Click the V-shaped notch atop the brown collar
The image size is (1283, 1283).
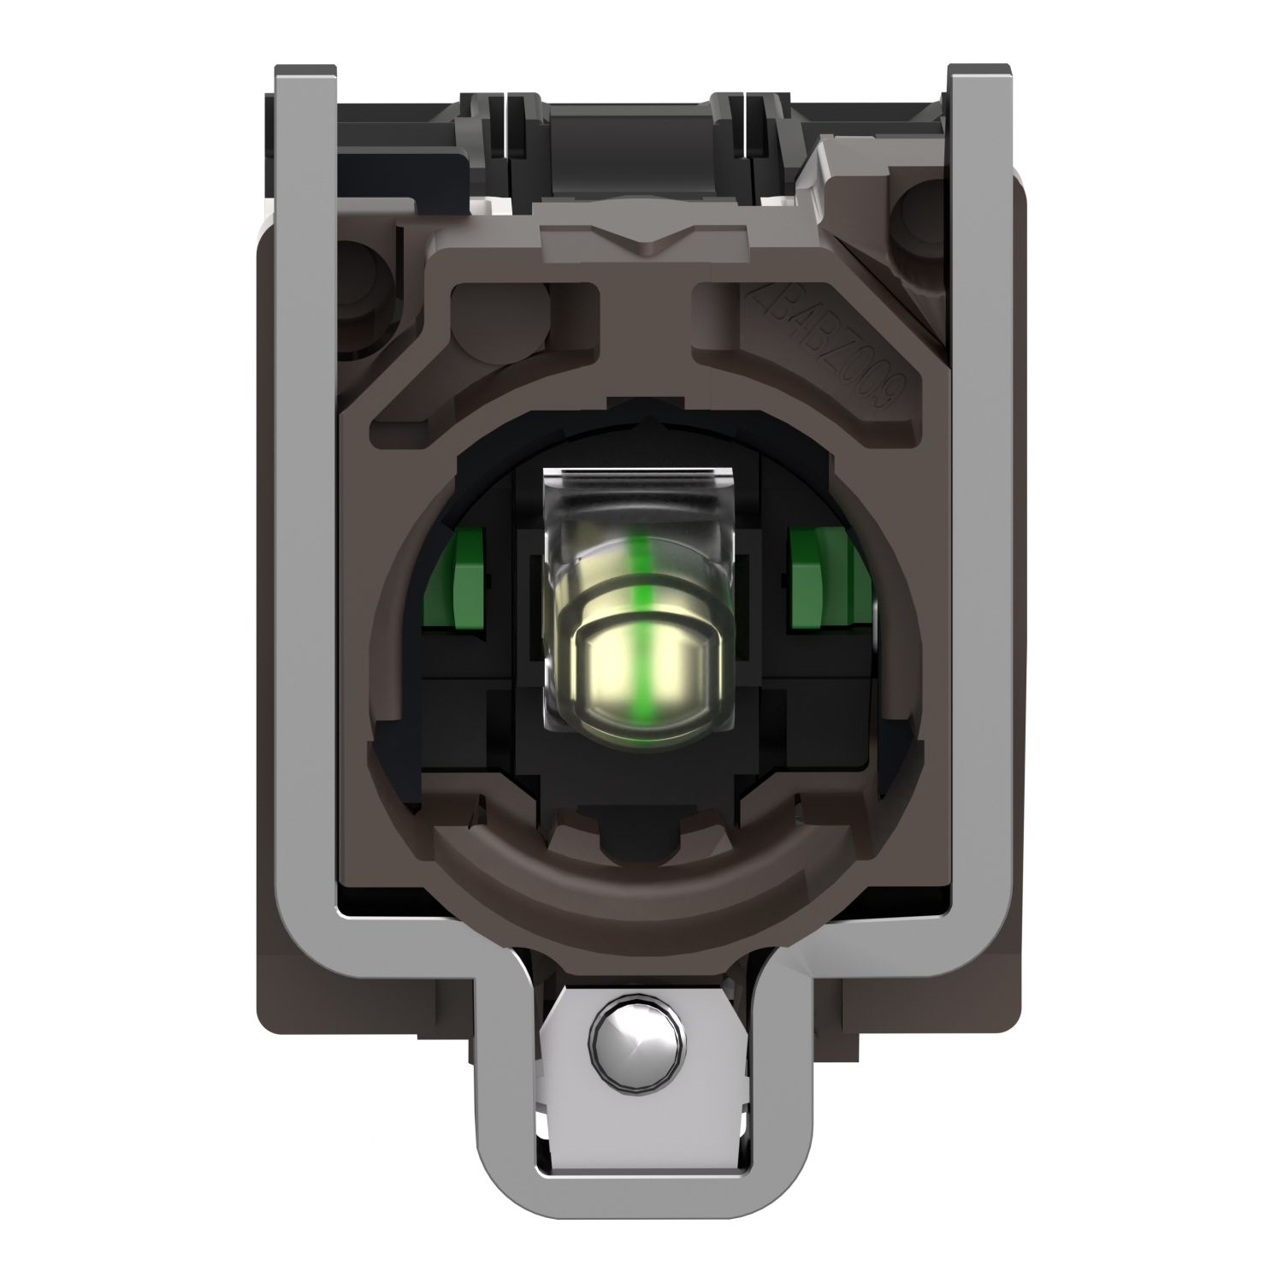tap(641, 234)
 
